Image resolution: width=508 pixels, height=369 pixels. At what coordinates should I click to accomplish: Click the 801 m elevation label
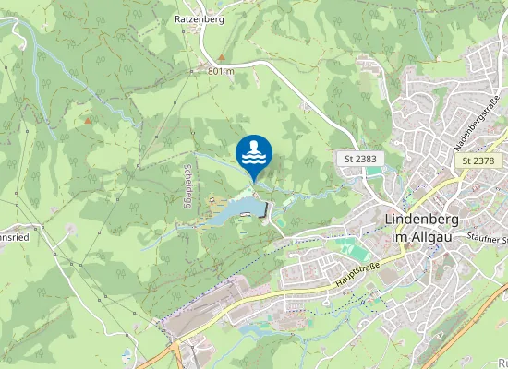222,71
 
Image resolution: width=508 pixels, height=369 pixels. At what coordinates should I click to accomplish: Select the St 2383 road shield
360,159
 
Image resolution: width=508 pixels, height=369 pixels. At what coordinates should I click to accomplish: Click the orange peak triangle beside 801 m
195,69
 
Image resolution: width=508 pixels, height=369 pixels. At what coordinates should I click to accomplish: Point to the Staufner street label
490,238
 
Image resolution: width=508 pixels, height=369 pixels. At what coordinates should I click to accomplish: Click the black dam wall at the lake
268,212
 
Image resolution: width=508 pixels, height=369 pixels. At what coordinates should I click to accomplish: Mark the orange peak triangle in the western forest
88,121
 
